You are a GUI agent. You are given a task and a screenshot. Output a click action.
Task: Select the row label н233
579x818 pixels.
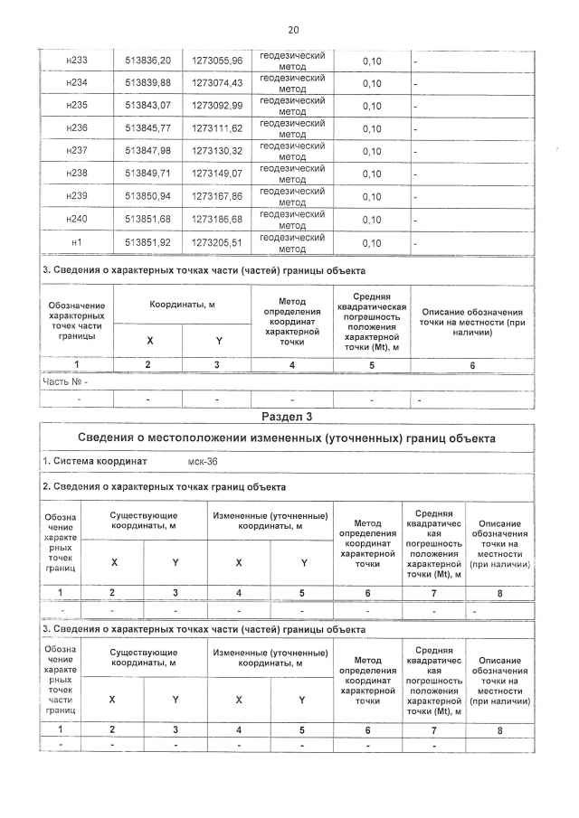point(77,61)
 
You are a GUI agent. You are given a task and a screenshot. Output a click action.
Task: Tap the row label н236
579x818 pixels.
point(77,128)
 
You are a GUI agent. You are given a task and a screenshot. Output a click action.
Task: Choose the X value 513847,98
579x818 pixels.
point(147,151)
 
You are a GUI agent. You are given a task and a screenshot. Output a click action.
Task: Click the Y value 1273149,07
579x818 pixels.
point(217,174)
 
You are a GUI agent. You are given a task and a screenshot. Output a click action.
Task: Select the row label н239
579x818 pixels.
point(77,196)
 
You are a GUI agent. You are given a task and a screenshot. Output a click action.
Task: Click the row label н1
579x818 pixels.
point(77,242)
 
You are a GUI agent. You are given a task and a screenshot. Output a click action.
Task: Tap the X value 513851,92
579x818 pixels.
point(147,242)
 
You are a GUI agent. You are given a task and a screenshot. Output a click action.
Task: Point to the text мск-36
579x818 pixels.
point(195,461)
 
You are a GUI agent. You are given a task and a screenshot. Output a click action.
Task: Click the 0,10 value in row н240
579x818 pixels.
point(372,220)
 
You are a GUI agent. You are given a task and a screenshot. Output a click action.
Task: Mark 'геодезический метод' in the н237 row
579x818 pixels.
point(292,151)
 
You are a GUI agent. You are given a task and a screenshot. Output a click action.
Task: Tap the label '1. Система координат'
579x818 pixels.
point(95,461)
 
